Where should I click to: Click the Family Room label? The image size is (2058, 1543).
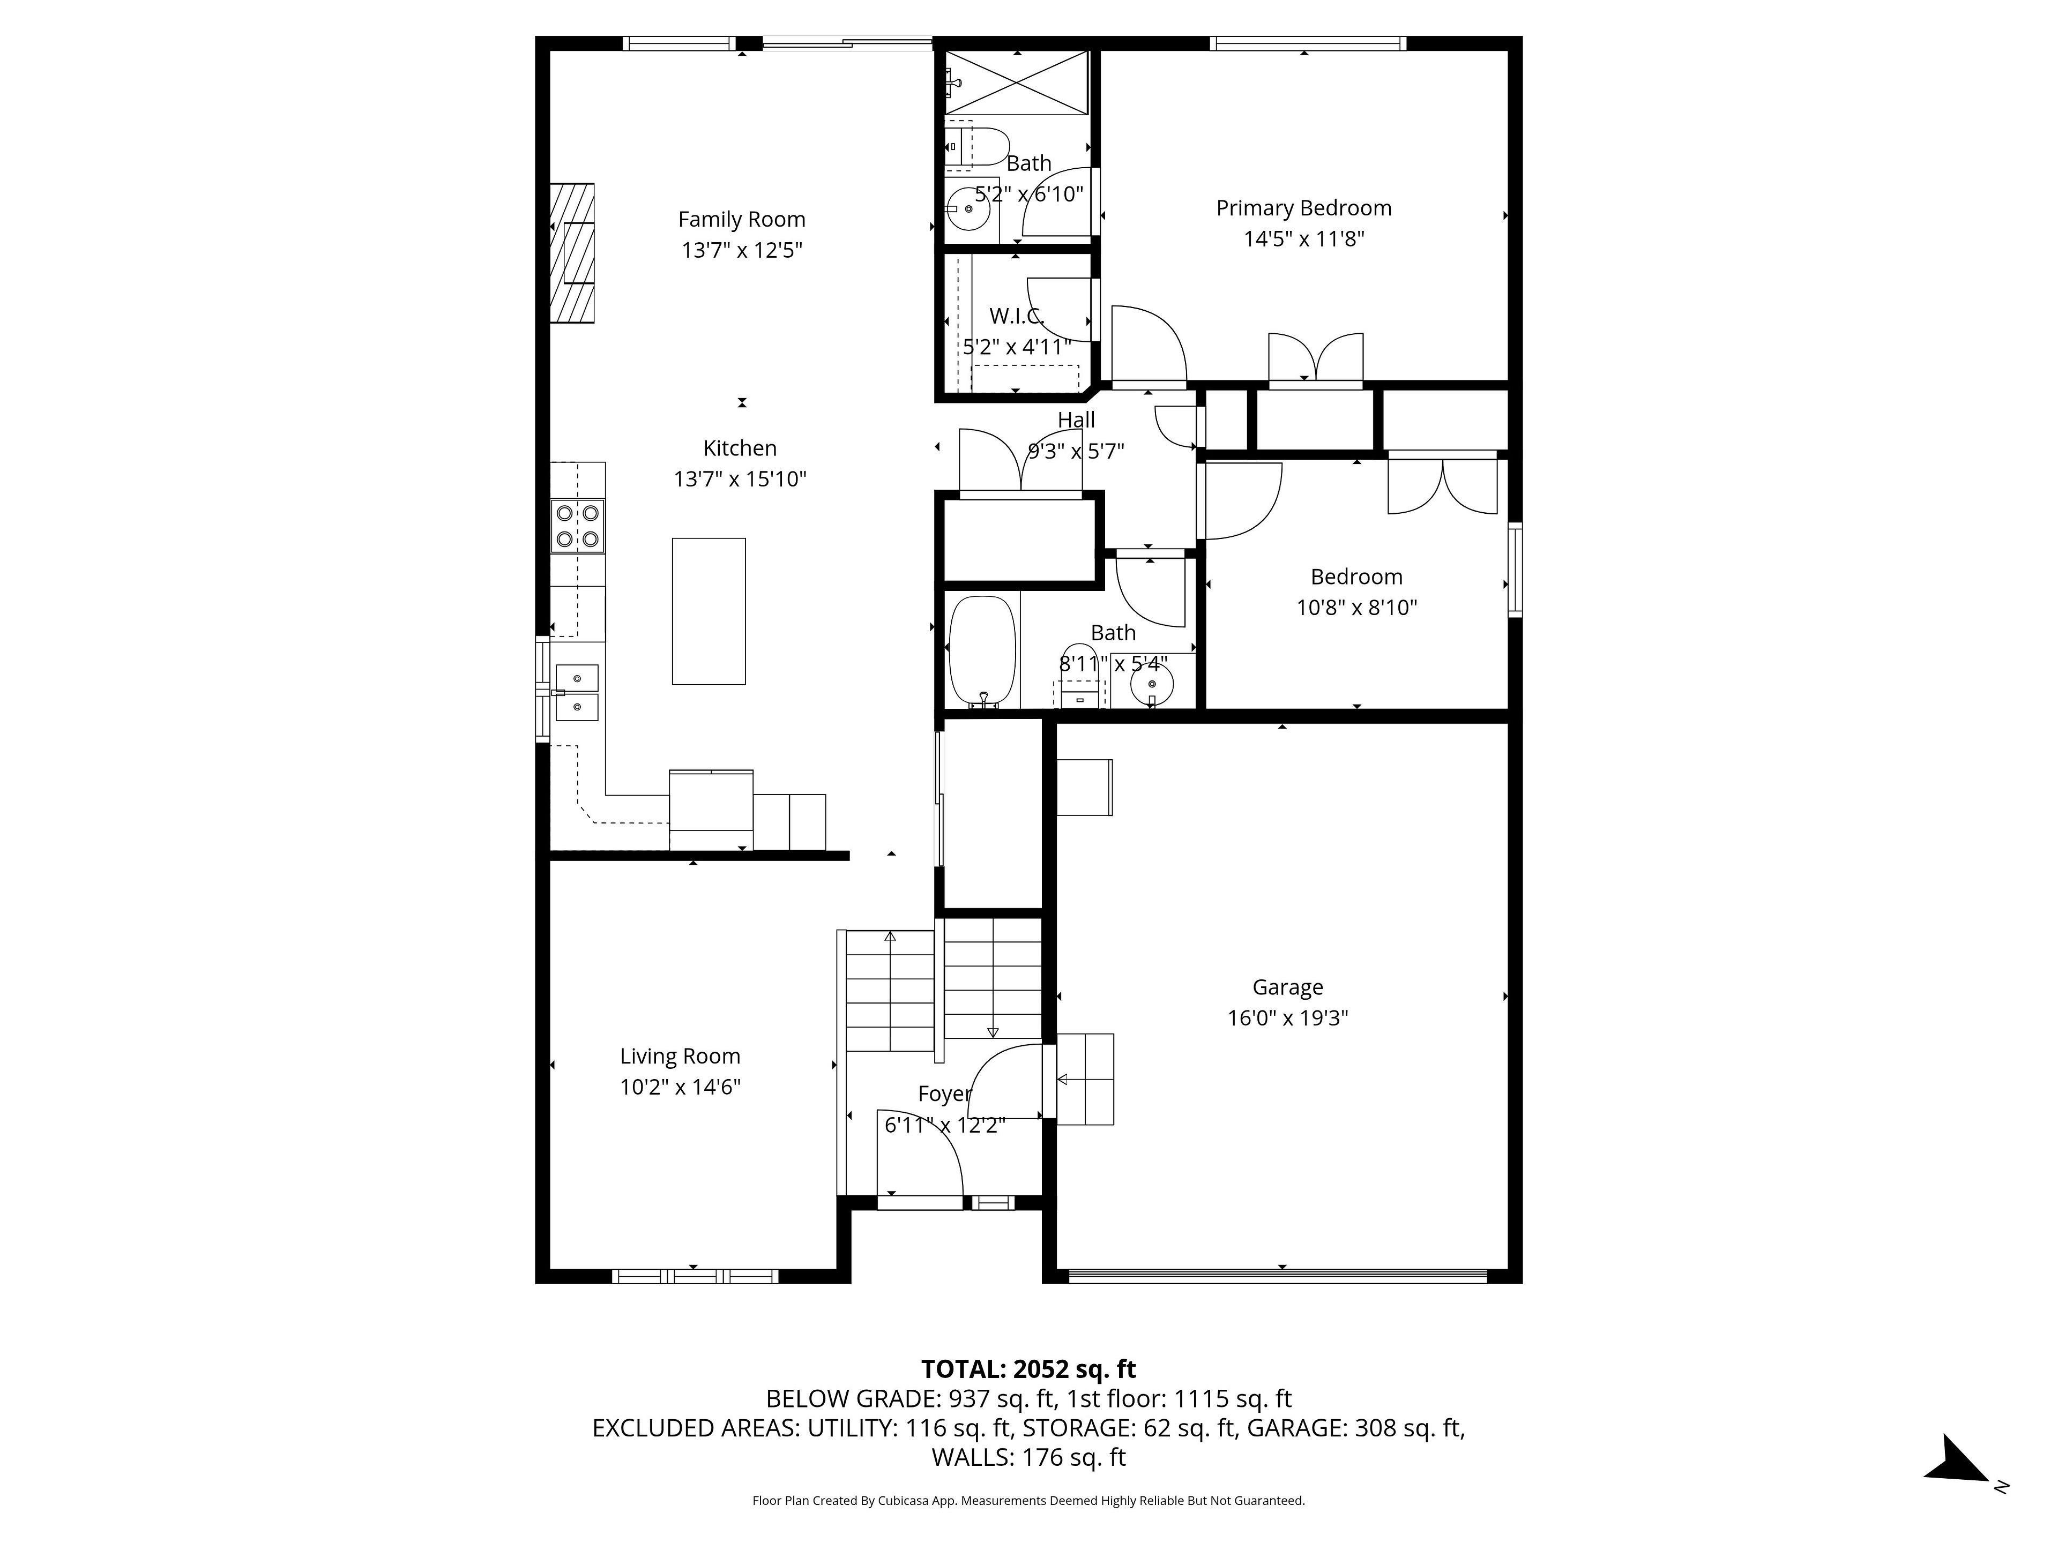[742, 220]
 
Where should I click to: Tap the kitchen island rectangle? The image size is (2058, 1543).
[709, 611]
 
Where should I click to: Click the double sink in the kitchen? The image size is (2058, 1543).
[577, 693]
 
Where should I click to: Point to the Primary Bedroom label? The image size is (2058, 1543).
[1303, 208]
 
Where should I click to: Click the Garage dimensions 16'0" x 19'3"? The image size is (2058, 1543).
[1288, 1017]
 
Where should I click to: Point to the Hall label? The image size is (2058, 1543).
[1077, 421]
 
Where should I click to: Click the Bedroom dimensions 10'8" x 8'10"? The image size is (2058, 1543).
[1356, 608]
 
